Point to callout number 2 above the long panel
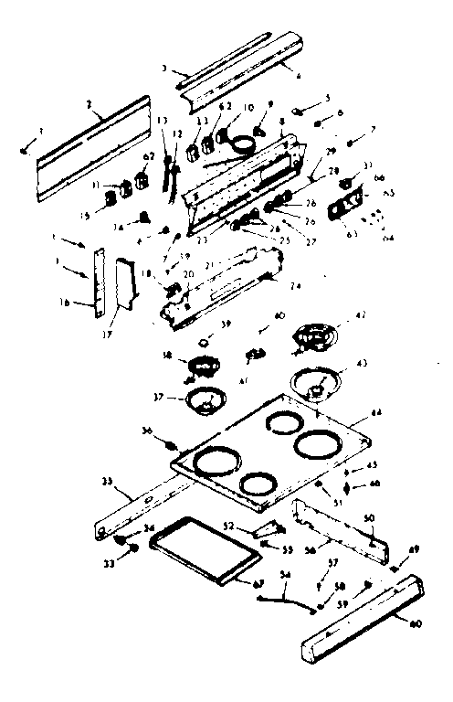pos(90,107)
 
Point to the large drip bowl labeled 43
pos(319,385)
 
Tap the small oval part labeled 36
pos(171,445)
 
